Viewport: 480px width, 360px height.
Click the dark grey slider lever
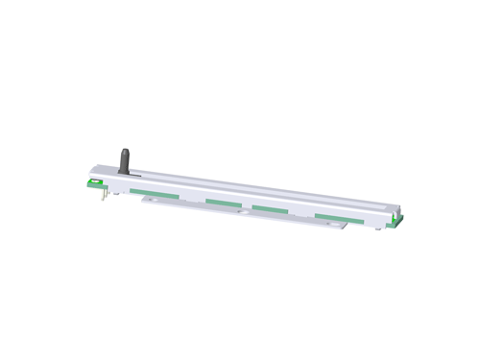coord(124,161)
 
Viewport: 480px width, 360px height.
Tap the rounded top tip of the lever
coord(123,151)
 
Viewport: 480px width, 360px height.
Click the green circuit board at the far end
coord(396,223)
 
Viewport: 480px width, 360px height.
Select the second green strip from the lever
coord(222,203)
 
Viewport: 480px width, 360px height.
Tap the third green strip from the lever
coord(271,209)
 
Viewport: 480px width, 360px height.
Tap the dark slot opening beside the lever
coord(137,175)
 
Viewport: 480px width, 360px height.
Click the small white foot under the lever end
coord(116,192)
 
